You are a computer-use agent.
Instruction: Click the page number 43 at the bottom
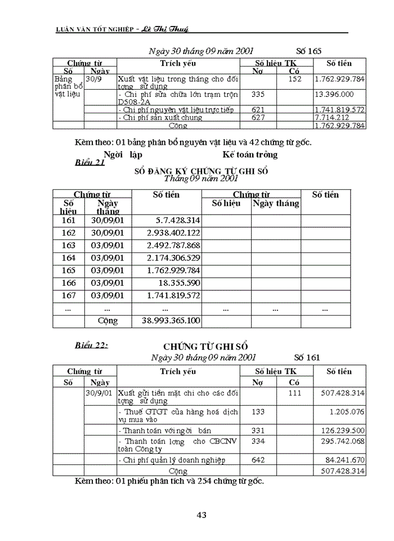tap(202, 514)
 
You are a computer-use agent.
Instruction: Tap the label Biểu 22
tap(91, 345)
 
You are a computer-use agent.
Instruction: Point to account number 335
tap(258, 94)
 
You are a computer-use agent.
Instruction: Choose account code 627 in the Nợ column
tap(258, 117)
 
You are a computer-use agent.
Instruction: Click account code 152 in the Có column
tap(294, 79)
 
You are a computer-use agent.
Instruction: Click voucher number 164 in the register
tap(68, 258)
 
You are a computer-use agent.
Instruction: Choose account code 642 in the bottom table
tap(258, 460)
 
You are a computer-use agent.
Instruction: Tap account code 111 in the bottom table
tap(294, 392)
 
